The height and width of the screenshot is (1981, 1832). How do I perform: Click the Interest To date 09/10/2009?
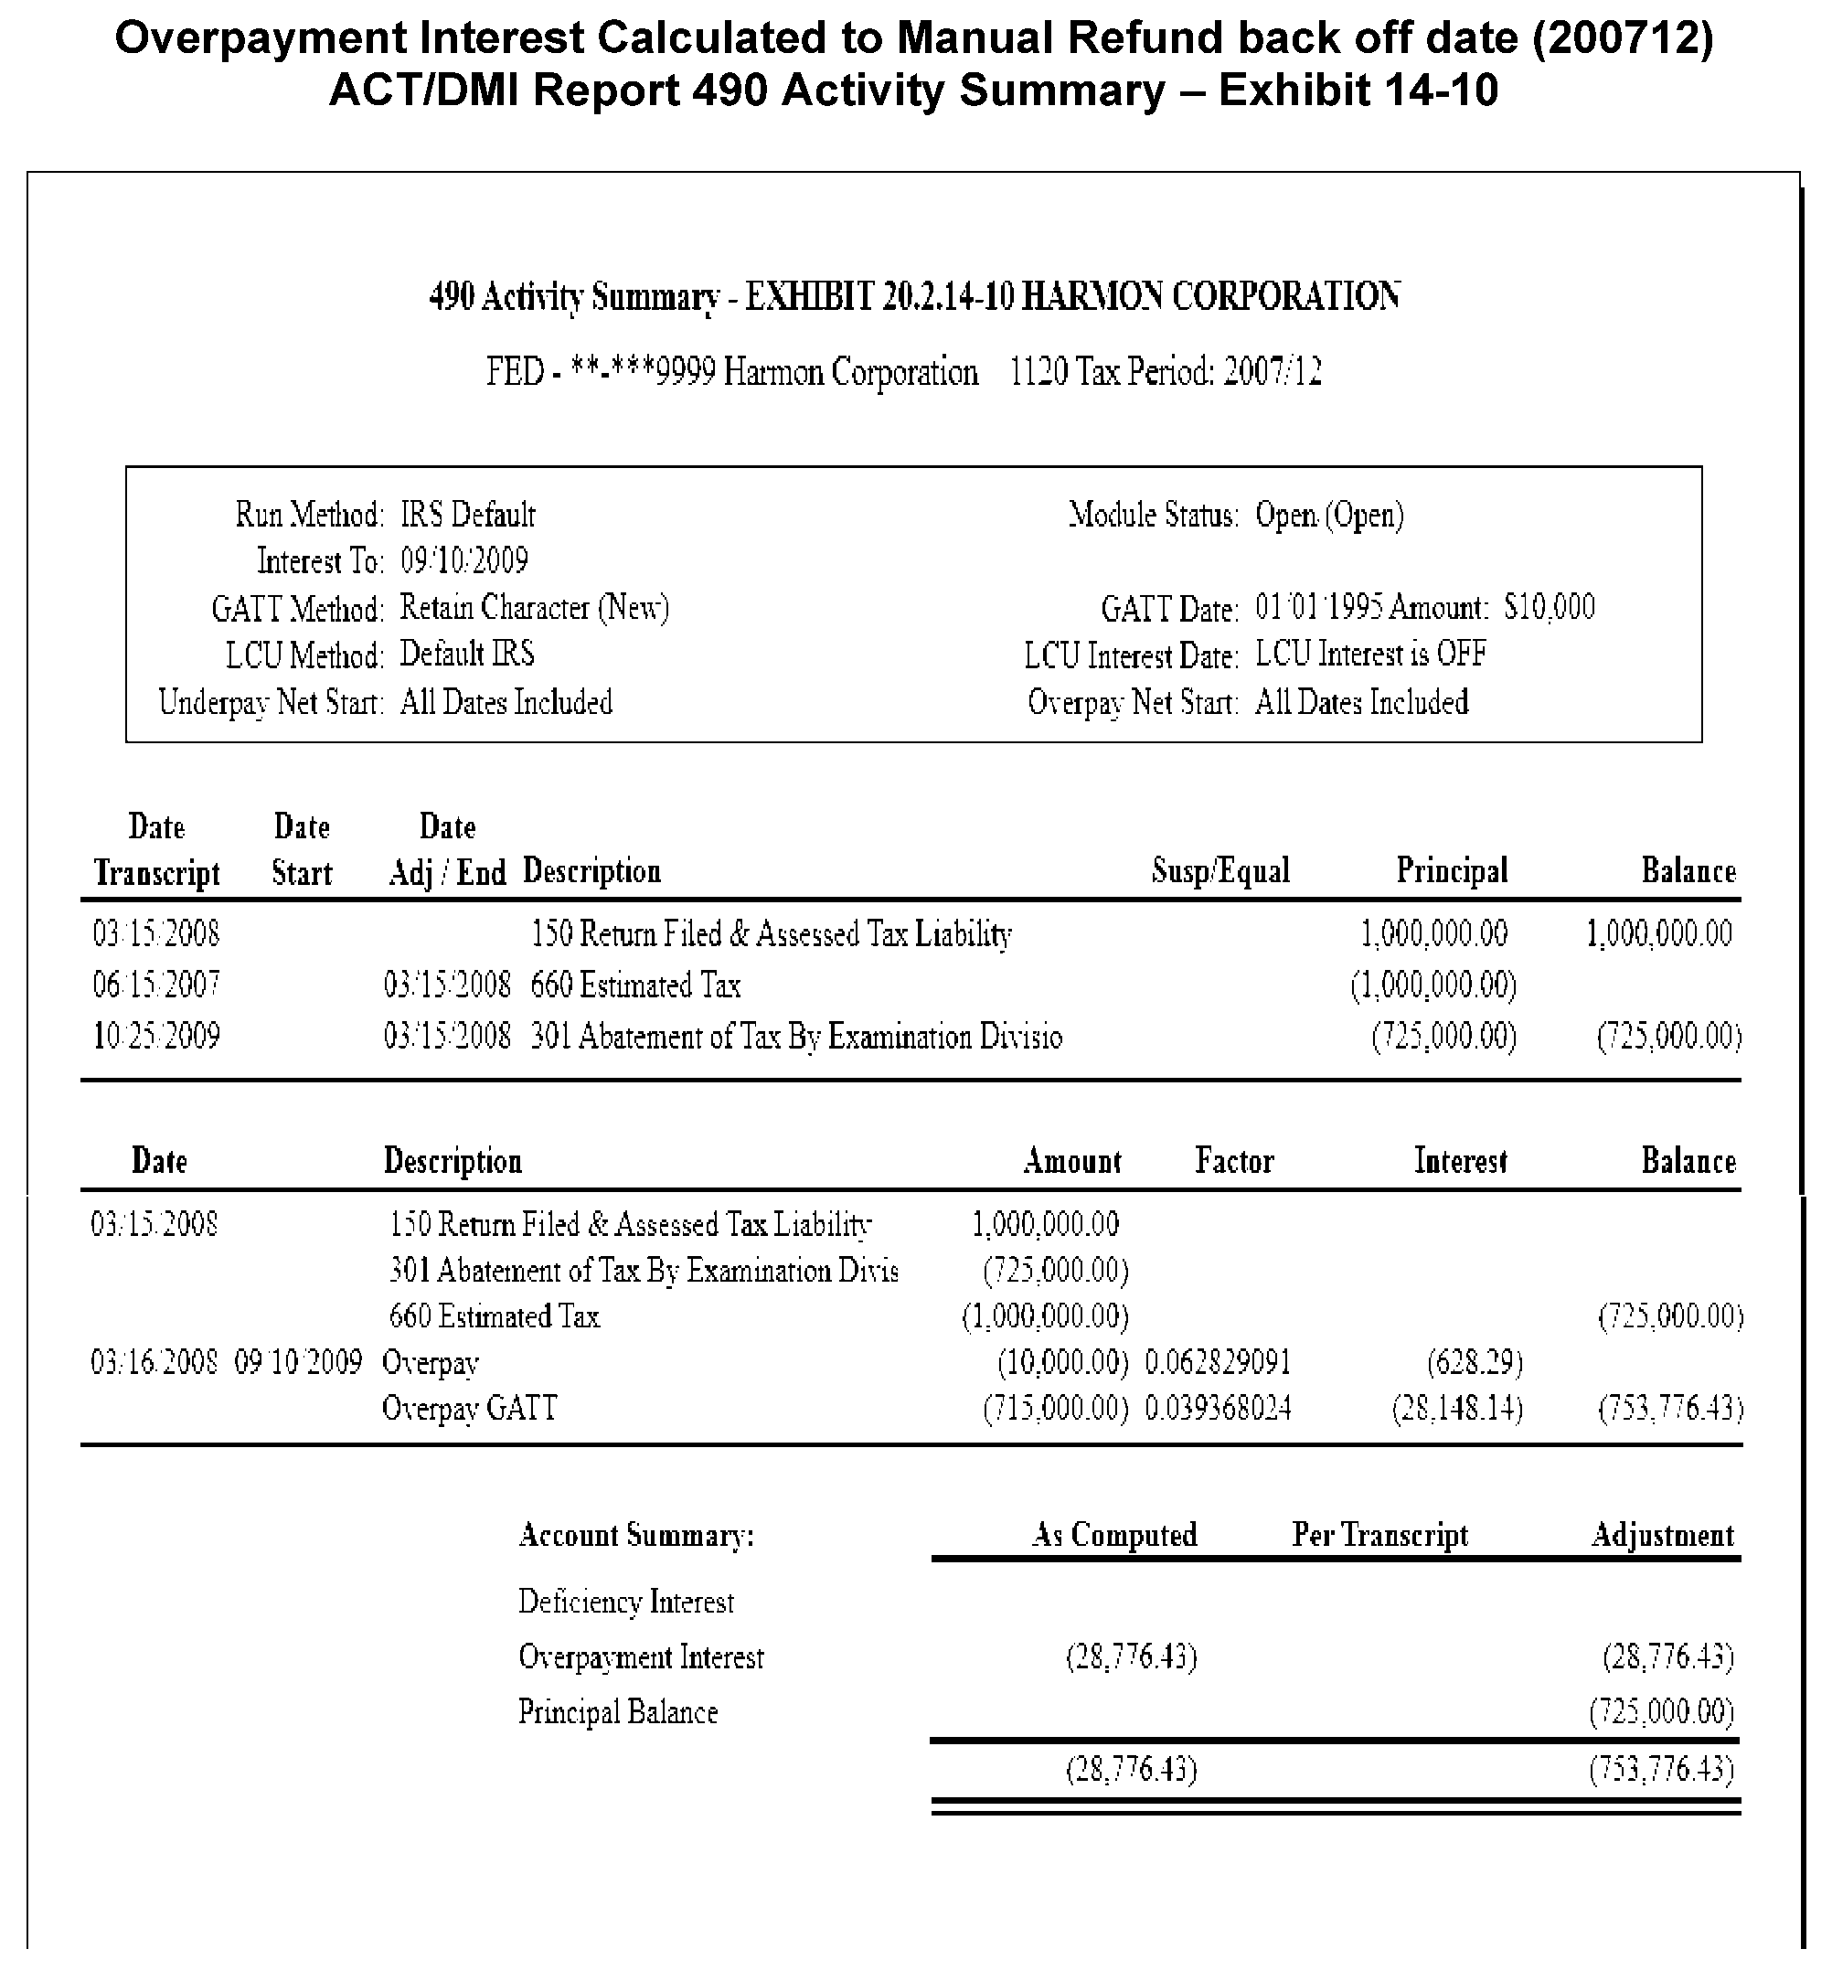(464, 561)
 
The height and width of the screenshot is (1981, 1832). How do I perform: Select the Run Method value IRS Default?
(468, 515)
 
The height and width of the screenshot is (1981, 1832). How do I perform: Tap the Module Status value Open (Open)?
(1329, 516)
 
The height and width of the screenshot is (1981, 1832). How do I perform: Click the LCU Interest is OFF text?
(1371, 655)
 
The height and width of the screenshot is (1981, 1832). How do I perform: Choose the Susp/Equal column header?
(1220, 870)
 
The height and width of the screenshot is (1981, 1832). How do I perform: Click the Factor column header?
(1234, 1160)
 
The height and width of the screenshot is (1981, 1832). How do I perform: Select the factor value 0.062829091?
(1219, 1362)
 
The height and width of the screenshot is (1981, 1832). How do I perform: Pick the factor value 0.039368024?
(1219, 1408)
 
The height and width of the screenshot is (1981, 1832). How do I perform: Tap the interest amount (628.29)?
(1475, 1362)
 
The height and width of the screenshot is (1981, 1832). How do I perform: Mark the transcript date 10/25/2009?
(156, 1036)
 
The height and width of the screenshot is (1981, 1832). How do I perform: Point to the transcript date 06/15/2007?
(156, 985)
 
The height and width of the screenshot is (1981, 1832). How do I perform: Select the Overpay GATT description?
(470, 1408)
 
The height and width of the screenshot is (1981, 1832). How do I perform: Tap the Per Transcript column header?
(1380, 1535)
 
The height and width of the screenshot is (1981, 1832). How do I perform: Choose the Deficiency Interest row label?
(625, 1603)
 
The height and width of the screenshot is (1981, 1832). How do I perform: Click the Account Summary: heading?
(636, 1535)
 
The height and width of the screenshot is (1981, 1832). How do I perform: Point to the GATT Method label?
(296, 609)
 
